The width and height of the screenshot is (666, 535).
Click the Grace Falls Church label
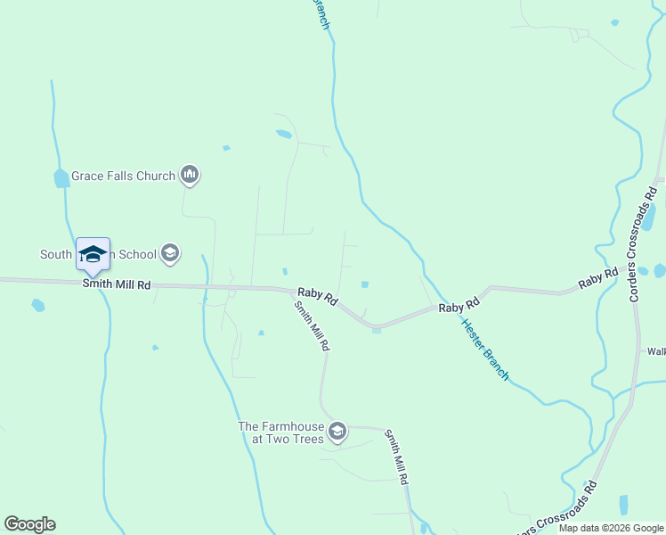[124, 176]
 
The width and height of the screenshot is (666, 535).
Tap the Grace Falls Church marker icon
[189, 176]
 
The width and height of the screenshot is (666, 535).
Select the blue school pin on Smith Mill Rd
[93, 255]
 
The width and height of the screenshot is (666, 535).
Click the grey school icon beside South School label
[168, 254]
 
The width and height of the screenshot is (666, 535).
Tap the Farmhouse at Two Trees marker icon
[337, 432]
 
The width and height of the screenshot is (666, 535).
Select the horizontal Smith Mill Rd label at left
[117, 284]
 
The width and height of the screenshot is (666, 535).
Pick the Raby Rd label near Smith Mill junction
[317, 295]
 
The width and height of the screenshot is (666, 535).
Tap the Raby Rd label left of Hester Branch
[452, 307]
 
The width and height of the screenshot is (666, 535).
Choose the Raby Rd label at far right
[597, 278]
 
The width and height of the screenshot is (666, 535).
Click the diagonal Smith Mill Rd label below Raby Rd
[313, 325]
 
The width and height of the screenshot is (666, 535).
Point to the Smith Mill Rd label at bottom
[396, 457]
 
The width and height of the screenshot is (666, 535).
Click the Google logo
[29, 524]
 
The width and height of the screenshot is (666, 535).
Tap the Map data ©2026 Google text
[612, 528]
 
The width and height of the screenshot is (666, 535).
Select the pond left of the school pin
[61, 178]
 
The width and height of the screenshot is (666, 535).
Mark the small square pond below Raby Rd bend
[377, 331]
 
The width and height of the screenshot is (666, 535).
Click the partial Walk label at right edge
[656, 351]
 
